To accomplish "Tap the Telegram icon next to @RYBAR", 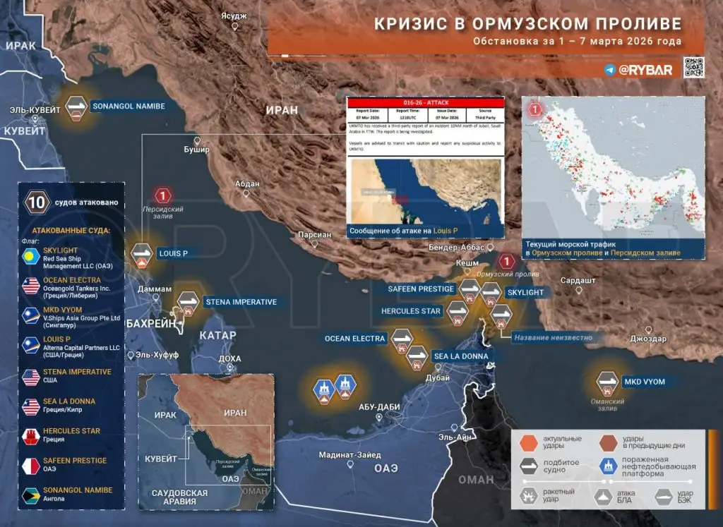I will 610,69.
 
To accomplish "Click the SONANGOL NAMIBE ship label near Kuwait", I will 129,107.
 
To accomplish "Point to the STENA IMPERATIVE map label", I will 241,302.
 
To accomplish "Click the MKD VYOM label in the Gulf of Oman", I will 644,382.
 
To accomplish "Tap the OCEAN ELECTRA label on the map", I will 355,339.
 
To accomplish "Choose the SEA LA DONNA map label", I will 460,356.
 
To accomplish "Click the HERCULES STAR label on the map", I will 411,311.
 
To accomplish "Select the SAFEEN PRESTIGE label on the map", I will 421,289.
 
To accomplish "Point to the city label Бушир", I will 197,150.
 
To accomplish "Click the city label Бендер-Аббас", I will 456,248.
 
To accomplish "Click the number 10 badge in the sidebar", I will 37,203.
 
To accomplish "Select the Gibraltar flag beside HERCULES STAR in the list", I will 31,435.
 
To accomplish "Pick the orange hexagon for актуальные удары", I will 529,442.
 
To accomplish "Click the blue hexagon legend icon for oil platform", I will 606,466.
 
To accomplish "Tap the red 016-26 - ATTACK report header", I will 426,102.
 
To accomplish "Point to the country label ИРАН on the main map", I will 282,110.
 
